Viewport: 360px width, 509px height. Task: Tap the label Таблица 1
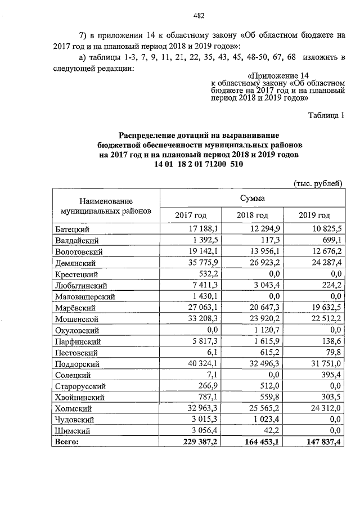(326, 116)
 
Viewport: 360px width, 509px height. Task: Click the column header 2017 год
(191, 215)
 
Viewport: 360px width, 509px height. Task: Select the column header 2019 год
(314, 215)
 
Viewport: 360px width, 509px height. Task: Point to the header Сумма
(252, 197)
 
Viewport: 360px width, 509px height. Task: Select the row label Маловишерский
(85, 296)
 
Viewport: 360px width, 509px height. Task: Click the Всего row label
(67, 442)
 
